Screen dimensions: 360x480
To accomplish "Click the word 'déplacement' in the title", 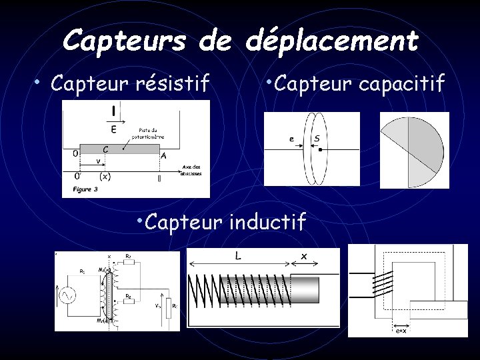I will [x=331, y=41].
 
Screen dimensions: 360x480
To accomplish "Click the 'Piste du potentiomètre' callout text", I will [x=149, y=133].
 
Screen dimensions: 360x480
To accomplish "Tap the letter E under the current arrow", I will [x=114, y=129].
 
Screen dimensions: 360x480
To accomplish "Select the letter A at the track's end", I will [x=163, y=154].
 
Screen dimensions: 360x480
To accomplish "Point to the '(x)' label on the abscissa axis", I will [x=105, y=177].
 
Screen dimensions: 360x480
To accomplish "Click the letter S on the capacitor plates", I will [x=317, y=139].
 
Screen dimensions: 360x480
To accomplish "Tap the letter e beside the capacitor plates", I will [x=291, y=139].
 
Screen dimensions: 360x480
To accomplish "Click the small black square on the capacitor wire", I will [x=321, y=151].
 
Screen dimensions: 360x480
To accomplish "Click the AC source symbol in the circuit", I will [x=68, y=294].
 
